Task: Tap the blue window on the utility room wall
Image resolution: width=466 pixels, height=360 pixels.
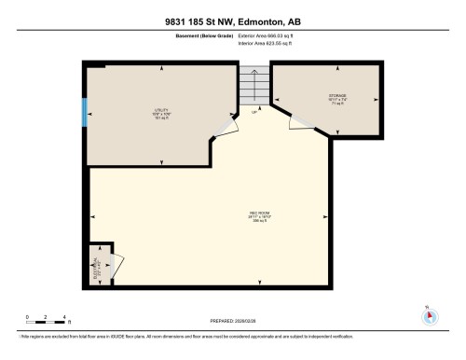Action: (x=86, y=113)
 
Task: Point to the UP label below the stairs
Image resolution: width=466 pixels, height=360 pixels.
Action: (x=255, y=112)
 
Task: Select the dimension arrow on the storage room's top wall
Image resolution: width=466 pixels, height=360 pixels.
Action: (x=331, y=68)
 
